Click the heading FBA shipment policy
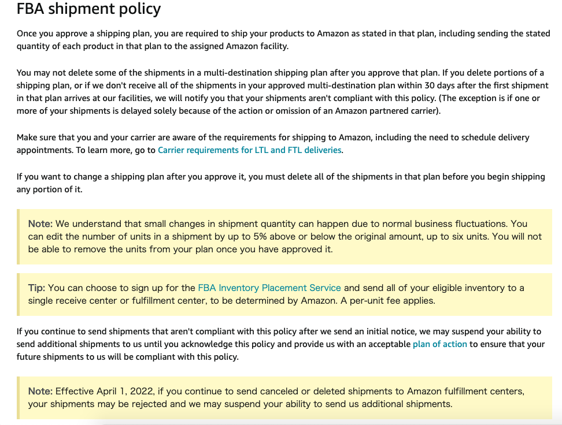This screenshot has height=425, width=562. (89, 9)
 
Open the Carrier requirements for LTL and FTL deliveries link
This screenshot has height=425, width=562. (250, 150)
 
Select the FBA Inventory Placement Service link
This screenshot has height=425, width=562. (269, 288)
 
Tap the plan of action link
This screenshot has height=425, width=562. (439, 344)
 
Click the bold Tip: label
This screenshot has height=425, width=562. (36, 288)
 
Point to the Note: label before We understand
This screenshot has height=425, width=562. (40, 223)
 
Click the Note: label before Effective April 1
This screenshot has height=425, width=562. (40, 392)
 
